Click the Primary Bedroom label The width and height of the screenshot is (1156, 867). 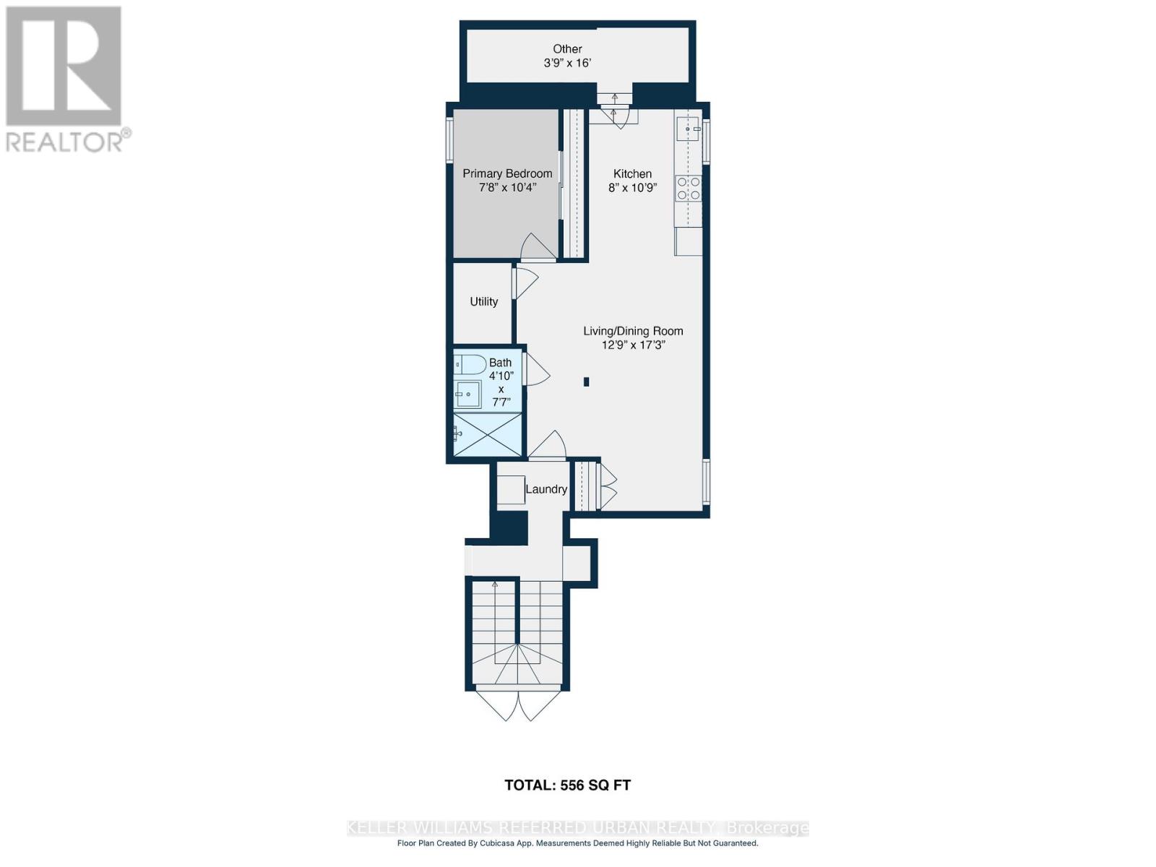pos(507,173)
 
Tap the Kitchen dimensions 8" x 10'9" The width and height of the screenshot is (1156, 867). pos(633,188)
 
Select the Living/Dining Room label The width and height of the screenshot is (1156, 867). pos(633,331)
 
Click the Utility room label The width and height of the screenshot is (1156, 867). pos(483,301)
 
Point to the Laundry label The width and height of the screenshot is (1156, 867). pos(546,489)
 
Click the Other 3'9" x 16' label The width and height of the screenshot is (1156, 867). pos(567,56)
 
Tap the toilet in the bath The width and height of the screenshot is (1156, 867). pos(470,364)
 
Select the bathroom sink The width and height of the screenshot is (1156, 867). pos(468,394)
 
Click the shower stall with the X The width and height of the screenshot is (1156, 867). pos(488,434)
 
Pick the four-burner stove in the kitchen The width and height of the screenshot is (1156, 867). pos(688,189)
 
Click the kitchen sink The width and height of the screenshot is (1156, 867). pos(688,129)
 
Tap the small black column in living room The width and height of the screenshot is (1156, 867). pos(587,381)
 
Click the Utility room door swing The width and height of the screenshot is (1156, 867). pos(525,282)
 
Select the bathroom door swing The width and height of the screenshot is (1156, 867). pos(536,370)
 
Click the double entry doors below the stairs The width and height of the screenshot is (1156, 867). pos(518,704)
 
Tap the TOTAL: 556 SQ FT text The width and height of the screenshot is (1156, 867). pos(567,785)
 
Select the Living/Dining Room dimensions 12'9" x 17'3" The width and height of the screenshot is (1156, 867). pos(633,345)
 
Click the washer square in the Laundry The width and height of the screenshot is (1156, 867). pos(511,490)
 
